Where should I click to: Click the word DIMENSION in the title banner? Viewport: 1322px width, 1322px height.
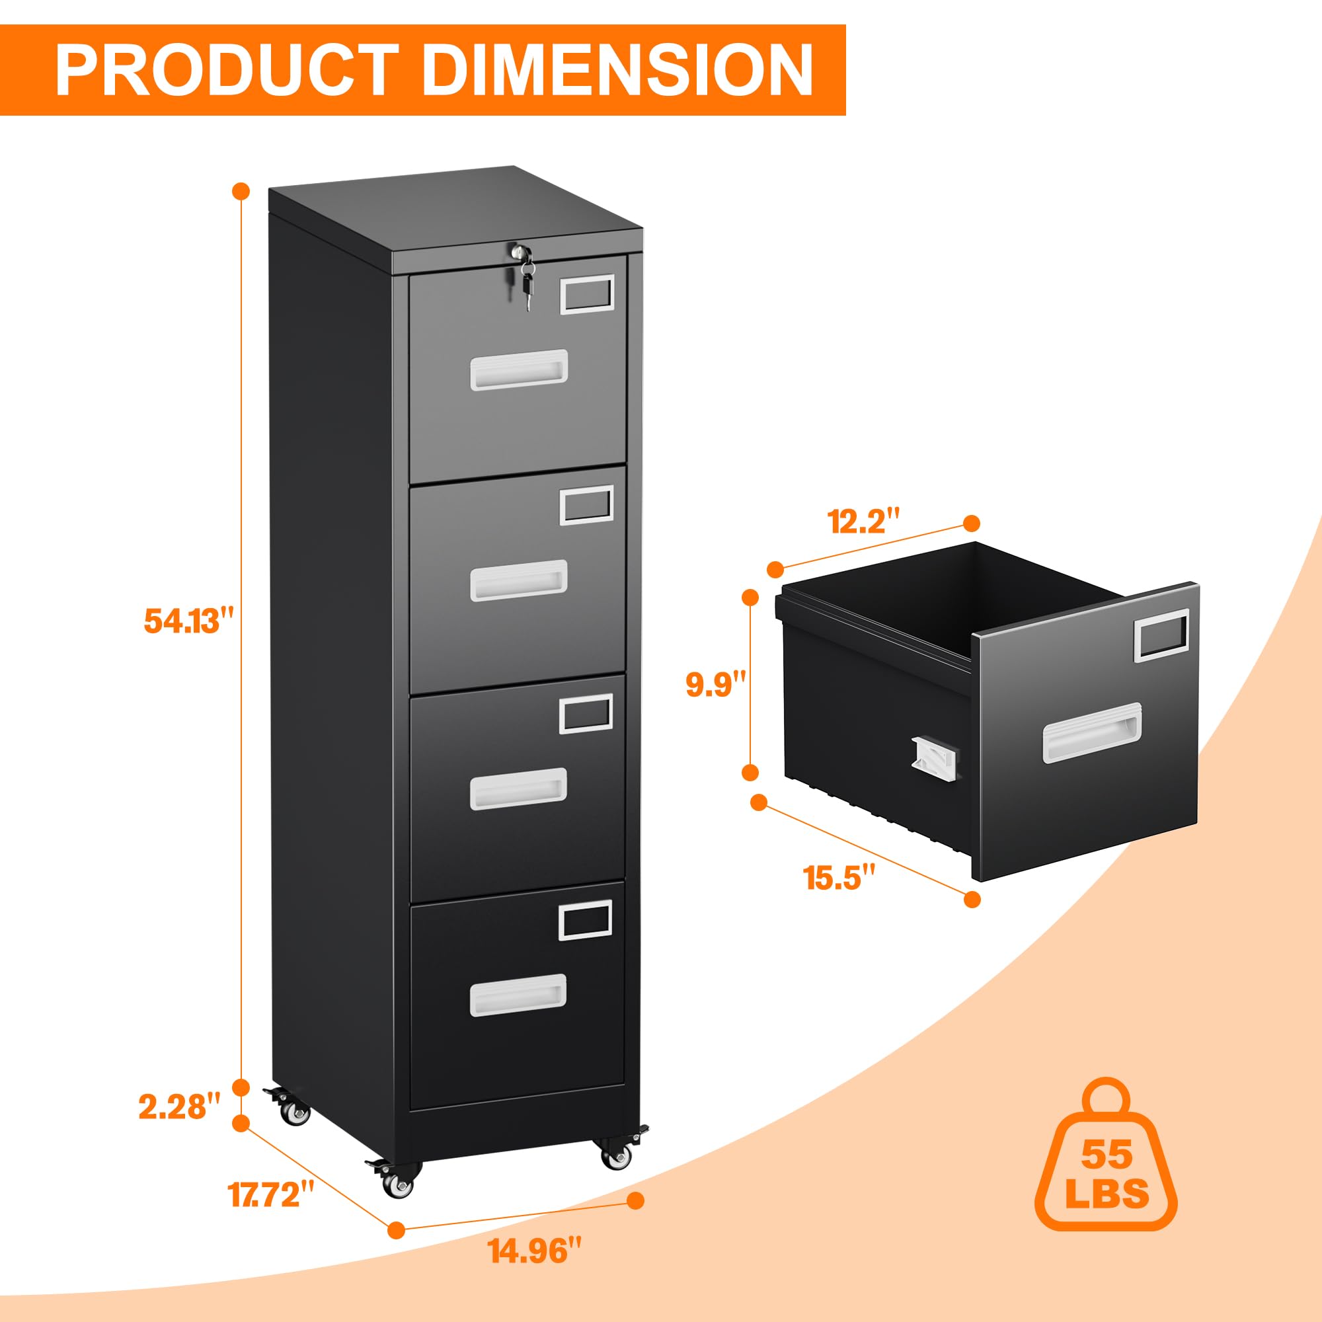tap(617, 70)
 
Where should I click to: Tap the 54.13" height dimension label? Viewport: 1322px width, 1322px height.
tap(189, 621)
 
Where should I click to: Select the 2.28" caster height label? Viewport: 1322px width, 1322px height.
tap(180, 1107)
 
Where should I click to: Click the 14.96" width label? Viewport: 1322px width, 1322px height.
tap(537, 1251)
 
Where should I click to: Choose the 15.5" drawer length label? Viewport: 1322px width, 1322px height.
tap(839, 877)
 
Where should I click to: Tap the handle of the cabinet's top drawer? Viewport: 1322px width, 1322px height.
tap(519, 369)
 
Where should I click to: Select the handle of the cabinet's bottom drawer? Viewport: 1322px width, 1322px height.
tap(518, 994)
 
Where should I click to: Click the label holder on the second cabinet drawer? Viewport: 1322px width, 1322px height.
tap(586, 505)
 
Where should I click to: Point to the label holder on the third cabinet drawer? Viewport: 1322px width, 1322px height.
tap(586, 713)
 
